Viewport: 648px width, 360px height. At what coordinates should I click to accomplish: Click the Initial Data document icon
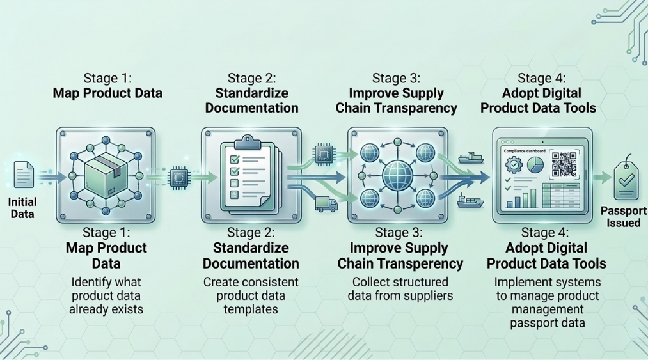24,174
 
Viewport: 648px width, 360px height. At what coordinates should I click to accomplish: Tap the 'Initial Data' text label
22,208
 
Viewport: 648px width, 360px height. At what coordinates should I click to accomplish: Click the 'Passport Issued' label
624,217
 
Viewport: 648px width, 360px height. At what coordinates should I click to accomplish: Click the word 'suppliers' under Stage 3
431,295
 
